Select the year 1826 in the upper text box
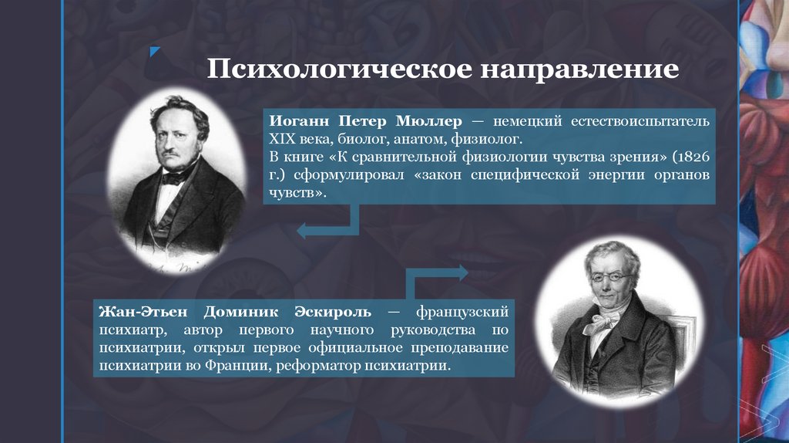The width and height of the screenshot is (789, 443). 691,157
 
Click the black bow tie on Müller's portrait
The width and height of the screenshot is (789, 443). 173,177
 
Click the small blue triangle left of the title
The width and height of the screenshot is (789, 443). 155,52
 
